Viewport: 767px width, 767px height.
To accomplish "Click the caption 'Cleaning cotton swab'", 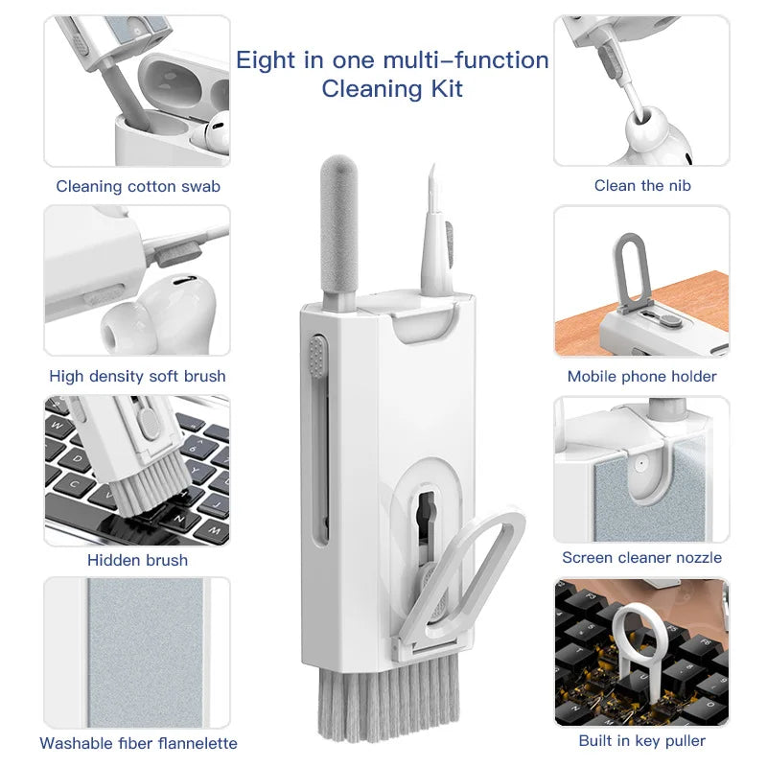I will (138, 186).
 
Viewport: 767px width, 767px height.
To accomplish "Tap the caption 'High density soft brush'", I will (137, 376).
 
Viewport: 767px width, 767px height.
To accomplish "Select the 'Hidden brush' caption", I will (137, 560).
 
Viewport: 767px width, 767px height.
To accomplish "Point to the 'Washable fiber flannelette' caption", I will (138, 743).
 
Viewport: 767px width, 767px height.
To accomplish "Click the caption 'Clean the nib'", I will (641, 185).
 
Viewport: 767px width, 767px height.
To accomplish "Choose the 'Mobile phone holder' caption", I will (641, 376).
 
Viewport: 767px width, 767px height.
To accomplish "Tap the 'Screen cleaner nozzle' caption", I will (641, 557).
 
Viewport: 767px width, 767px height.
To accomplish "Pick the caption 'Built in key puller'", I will (641, 740).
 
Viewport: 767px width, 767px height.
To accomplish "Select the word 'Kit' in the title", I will (444, 90).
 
